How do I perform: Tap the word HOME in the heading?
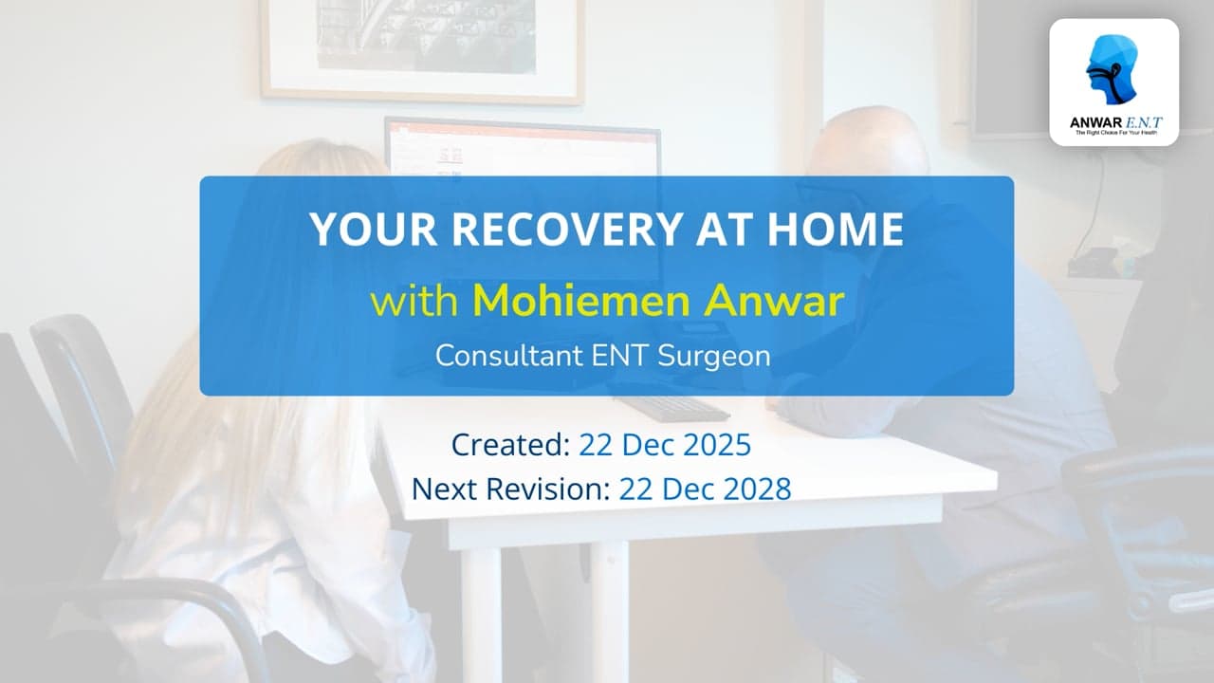836,229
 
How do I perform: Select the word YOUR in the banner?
374,229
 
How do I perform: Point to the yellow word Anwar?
774,301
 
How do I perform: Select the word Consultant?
509,356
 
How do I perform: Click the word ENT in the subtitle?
619,356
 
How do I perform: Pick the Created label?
510,445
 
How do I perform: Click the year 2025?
717,445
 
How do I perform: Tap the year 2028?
757,489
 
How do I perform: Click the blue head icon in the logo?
1113,69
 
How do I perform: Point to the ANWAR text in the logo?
1091,122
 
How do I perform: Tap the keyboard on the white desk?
672,409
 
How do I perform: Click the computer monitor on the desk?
523,147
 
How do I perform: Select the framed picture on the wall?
422,50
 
